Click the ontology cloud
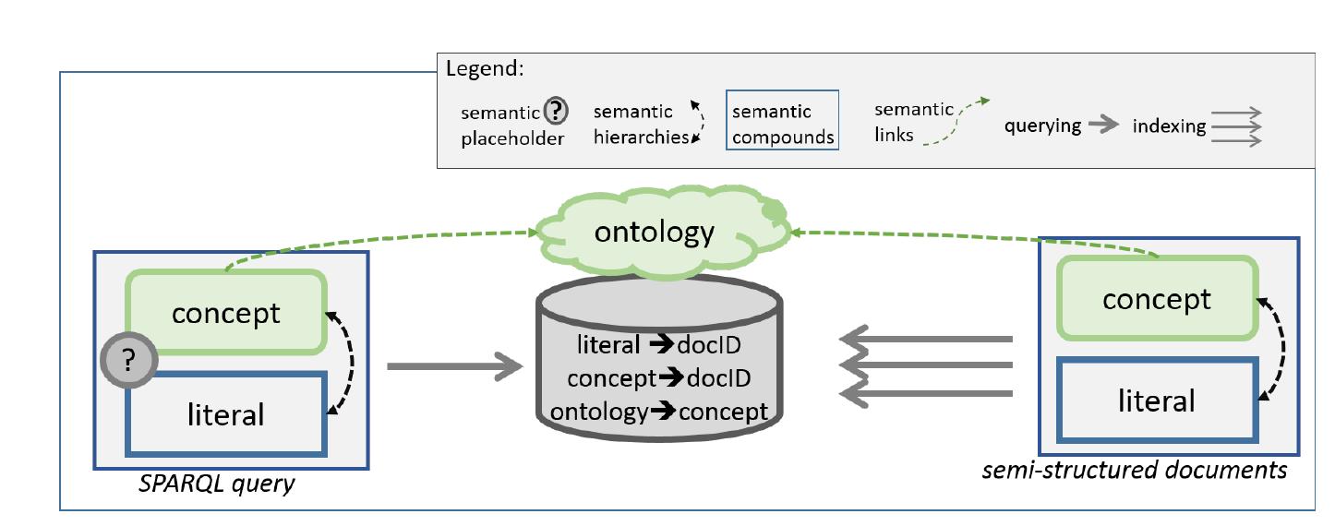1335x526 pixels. click(x=655, y=232)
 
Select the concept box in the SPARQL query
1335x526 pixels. click(x=225, y=312)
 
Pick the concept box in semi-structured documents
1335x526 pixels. click(x=1157, y=299)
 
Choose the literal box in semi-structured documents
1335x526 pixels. click(x=1157, y=400)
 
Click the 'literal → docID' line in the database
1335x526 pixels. click(x=659, y=346)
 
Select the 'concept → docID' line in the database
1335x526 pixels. click(x=659, y=378)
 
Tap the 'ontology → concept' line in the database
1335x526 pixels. click(x=659, y=411)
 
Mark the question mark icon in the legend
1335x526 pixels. click(x=555, y=113)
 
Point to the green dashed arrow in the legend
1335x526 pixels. click(x=958, y=121)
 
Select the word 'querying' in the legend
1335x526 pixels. click(x=1043, y=126)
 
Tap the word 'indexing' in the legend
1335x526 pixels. click(x=1169, y=126)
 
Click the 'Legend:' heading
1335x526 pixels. click(x=484, y=69)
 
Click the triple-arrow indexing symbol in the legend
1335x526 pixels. click(x=1236, y=126)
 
